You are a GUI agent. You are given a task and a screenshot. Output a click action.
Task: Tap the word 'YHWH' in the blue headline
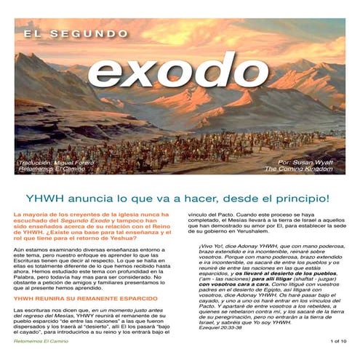43,197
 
